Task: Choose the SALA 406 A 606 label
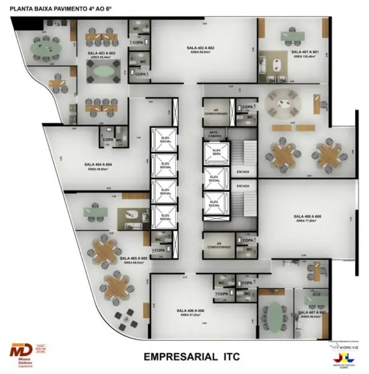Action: pos(191,311)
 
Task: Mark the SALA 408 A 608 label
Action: pos(307,217)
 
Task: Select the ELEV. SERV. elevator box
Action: pos(216,152)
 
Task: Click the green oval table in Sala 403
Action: pos(101,71)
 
